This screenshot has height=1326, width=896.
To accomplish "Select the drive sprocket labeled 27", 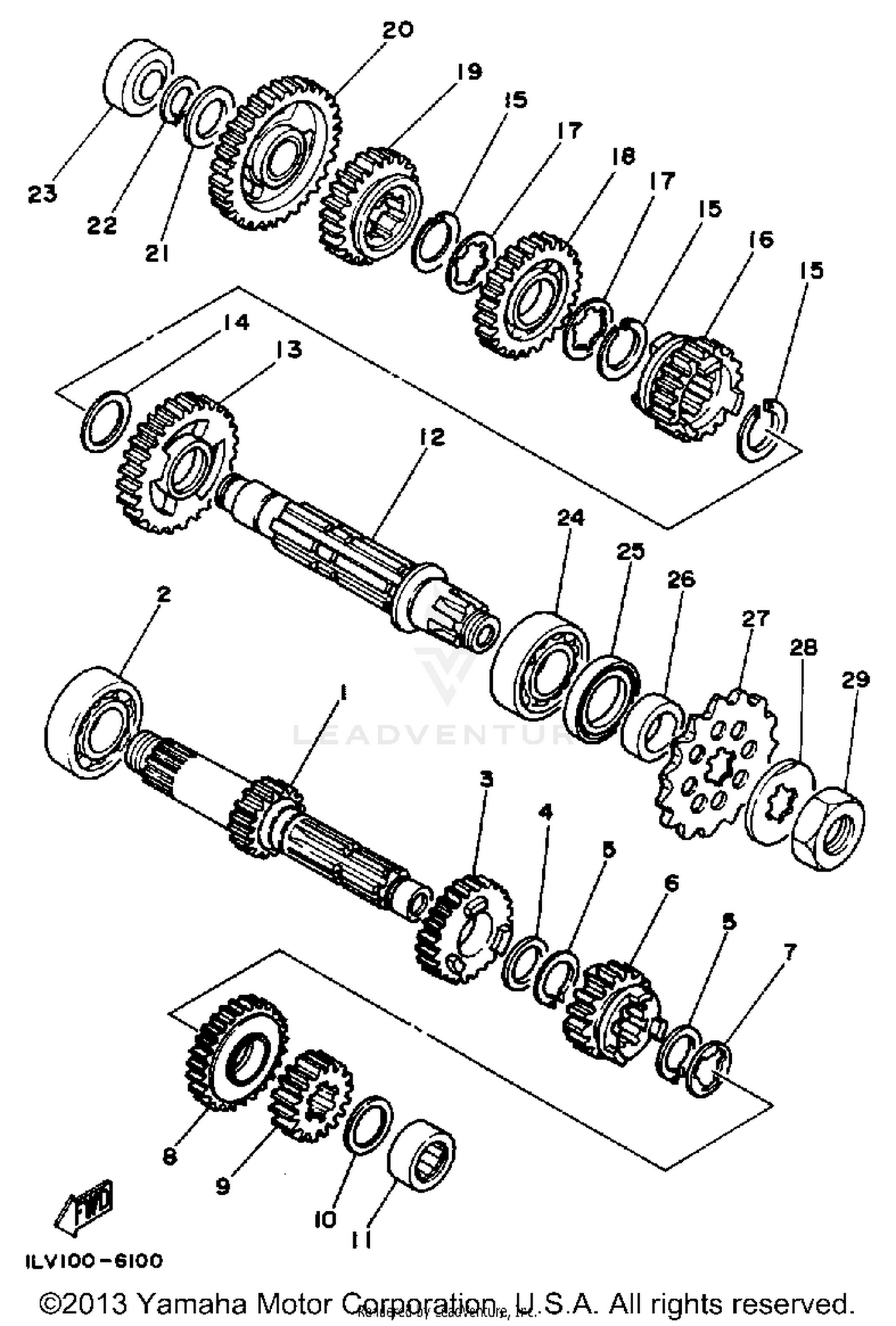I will tap(717, 766).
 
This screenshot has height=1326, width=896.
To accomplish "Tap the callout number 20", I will tap(397, 30).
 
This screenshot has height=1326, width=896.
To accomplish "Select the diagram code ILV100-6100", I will tap(94, 1261).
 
